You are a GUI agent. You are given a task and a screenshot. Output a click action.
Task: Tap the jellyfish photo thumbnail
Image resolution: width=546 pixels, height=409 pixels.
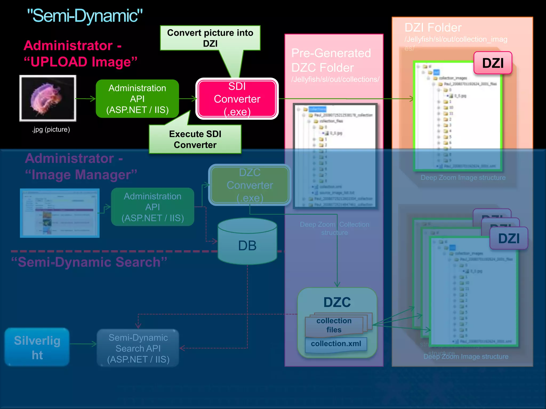coord(48,98)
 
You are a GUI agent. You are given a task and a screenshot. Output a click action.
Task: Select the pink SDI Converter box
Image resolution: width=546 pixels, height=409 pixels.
coord(237,99)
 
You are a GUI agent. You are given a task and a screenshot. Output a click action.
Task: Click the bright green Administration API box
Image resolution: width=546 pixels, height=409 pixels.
coord(137,99)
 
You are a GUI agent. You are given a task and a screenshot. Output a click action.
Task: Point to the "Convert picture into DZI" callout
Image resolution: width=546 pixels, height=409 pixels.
coord(210,38)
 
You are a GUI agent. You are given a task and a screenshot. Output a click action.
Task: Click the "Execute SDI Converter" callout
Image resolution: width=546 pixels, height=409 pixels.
coord(195,139)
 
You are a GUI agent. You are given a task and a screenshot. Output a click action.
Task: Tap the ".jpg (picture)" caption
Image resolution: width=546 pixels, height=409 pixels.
coord(51,129)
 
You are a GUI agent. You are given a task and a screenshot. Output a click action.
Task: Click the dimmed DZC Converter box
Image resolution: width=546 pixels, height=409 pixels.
coord(250,185)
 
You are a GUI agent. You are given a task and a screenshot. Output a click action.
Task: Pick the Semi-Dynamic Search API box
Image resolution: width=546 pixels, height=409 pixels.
coord(138,348)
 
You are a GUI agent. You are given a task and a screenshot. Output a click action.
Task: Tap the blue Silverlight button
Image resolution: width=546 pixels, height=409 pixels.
coord(37,347)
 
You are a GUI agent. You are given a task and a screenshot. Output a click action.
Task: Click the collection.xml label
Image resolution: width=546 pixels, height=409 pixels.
coord(336,344)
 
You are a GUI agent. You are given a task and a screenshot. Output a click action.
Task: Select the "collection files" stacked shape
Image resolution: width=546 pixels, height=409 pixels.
coord(334,325)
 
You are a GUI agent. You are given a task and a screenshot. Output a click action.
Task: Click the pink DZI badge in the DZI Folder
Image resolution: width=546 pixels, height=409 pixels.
coord(493,63)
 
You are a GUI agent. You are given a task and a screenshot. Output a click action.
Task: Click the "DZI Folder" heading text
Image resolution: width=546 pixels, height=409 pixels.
coord(433,28)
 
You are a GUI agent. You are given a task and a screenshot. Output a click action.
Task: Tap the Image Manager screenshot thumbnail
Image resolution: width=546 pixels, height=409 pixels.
coord(60,213)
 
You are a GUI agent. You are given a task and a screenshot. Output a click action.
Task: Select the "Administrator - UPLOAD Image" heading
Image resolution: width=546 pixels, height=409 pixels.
coord(80,54)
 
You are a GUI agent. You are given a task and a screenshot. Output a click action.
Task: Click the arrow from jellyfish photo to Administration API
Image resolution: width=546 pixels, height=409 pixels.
coord(86,99)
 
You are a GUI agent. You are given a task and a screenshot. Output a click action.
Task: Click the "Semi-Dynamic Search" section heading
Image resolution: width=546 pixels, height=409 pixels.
coord(89,262)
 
